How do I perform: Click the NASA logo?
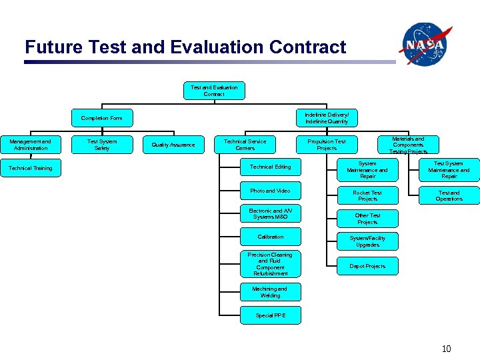pos(425,43)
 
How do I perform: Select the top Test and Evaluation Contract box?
pos(213,91)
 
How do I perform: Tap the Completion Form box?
pos(101,118)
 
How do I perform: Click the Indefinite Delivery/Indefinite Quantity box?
pos(327,118)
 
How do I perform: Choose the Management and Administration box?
pos(30,145)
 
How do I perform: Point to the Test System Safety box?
pos(102,145)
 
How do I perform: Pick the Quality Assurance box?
pos(173,145)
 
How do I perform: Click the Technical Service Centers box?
pos(245,145)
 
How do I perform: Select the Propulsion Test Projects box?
pos(327,145)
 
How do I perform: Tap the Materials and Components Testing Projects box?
pos(408,145)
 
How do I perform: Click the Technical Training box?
pos(30,168)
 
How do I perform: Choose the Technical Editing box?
pos(270,167)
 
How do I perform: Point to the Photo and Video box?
pos(270,191)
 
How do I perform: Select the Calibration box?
pos(270,237)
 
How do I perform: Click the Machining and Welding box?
pos(270,292)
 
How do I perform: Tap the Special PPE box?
pos(270,315)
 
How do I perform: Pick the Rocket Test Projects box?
pos(367,196)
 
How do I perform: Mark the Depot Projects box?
pos(367,266)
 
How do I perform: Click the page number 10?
pos(446,349)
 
